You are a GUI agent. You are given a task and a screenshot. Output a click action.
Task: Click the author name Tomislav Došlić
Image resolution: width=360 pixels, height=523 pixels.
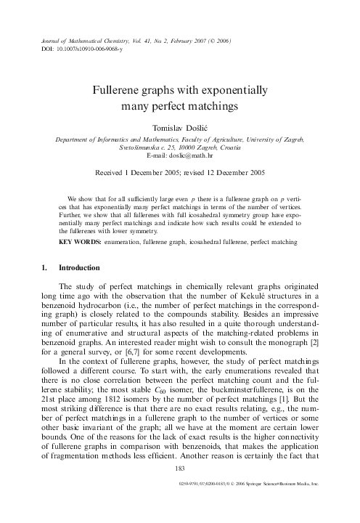point(180,126)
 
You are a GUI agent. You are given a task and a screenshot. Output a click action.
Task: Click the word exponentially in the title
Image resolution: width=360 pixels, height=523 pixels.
point(228,92)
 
